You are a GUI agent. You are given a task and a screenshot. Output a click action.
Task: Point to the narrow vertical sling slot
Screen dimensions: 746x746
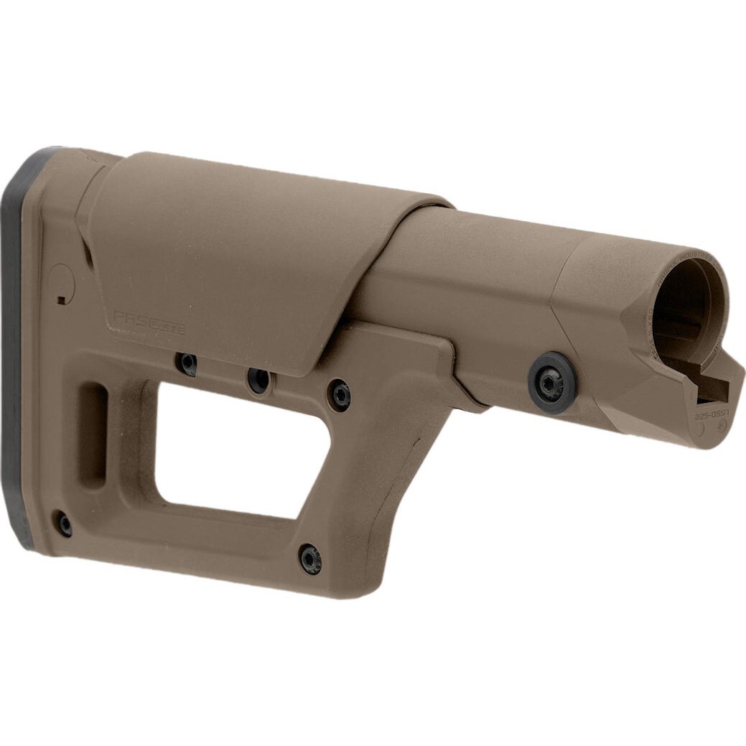(95, 435)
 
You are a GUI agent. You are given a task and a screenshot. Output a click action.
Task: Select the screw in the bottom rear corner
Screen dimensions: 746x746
(65, 523)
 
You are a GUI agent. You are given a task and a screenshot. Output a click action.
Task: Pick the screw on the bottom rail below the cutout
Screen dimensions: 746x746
(310, 558)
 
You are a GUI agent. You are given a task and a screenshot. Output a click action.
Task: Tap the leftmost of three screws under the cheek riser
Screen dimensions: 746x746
(188, 363)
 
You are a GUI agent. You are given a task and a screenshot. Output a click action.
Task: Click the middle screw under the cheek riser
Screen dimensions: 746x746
(259, 379)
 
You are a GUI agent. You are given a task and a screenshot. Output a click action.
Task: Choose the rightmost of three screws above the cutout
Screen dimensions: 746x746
(339, 393)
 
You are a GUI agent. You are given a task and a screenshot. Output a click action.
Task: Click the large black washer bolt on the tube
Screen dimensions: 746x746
(551, 383)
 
